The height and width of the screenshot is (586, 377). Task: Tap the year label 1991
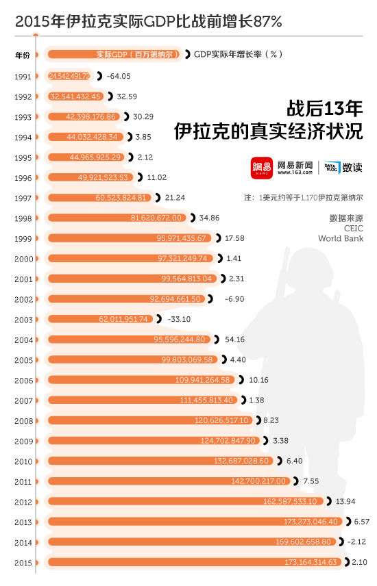pyautogui.click(x=23, y=76)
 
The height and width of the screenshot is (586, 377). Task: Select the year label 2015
pyautogui.click(x=23, y=562)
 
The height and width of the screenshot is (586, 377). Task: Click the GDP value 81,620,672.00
pyautogui.click(x=158, y=218)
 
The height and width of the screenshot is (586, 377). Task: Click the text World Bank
pyautogui.click(x=341, y=239)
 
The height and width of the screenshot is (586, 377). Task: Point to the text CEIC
pyautogui.click(x=352, y=229)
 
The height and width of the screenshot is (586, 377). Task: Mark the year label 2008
pyautogui.click(x=23, y=420)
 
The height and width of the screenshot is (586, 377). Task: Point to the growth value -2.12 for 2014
pyautogui.click(x=356, y=542)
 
